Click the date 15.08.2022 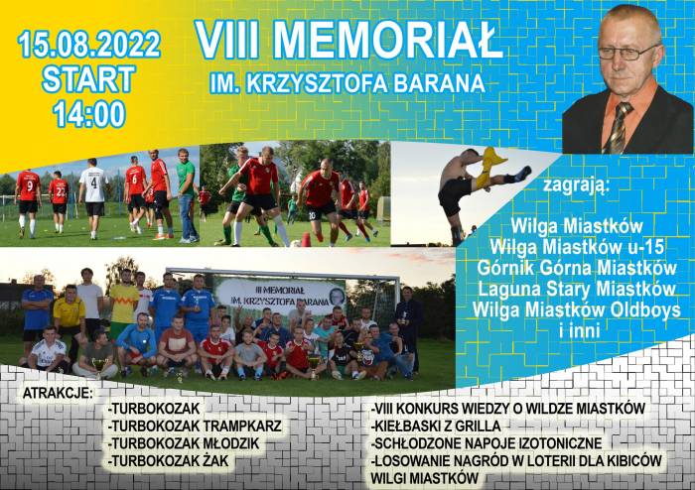[88, 44]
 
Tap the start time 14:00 [89, 114]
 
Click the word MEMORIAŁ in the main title [387, 39]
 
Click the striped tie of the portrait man [619, 127]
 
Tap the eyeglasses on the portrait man [625, 53]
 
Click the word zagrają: [576, 184]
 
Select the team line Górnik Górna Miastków [577, 268]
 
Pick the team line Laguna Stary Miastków [577, 289]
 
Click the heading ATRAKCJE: [58, 393]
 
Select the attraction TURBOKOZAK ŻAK [169, 461]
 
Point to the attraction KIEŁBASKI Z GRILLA [436, 426]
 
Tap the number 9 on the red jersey [29, 185]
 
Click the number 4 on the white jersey [93, 183]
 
